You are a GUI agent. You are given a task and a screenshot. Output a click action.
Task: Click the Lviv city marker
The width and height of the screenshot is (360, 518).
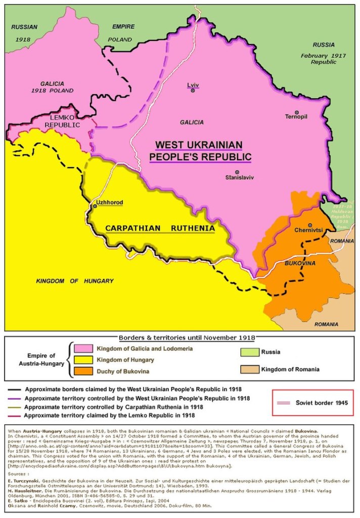coord(193,91)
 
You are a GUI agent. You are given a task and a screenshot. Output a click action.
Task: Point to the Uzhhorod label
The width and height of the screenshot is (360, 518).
coord(109,202)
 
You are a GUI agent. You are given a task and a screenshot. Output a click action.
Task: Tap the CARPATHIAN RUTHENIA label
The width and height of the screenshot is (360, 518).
coord(160,229)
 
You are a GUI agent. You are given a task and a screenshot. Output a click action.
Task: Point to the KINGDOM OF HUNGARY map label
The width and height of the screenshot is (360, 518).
coord(74,281)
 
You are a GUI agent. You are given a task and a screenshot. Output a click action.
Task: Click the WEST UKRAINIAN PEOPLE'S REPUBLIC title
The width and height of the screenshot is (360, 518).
coord(200,150)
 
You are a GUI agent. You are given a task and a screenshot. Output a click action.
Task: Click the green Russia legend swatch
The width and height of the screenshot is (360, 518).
coord(249,352)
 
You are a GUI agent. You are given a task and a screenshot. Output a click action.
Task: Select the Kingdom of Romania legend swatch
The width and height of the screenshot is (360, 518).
coord(249,370)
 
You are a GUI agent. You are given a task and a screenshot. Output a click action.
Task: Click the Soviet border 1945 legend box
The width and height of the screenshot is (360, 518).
coord(312,402)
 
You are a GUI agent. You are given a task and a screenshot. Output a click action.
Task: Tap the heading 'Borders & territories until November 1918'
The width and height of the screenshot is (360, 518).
coord(187,337)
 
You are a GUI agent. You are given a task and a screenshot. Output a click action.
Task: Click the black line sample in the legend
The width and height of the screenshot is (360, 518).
coord(15,390)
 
